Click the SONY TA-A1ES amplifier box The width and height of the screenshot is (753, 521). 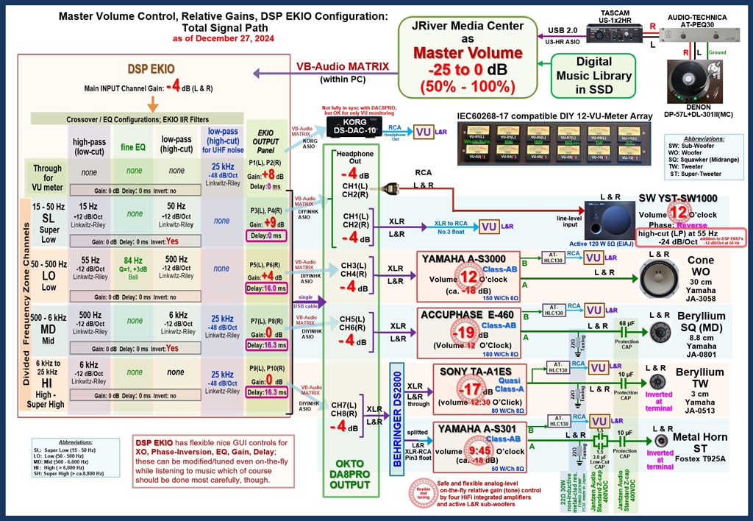pyautogui.click(x=479, y=389)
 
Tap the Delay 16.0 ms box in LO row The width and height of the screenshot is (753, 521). pyautogui.click(x=265, y=289)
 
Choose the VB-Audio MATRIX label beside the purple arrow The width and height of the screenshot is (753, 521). pyautogui.click(x=343, y=66)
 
